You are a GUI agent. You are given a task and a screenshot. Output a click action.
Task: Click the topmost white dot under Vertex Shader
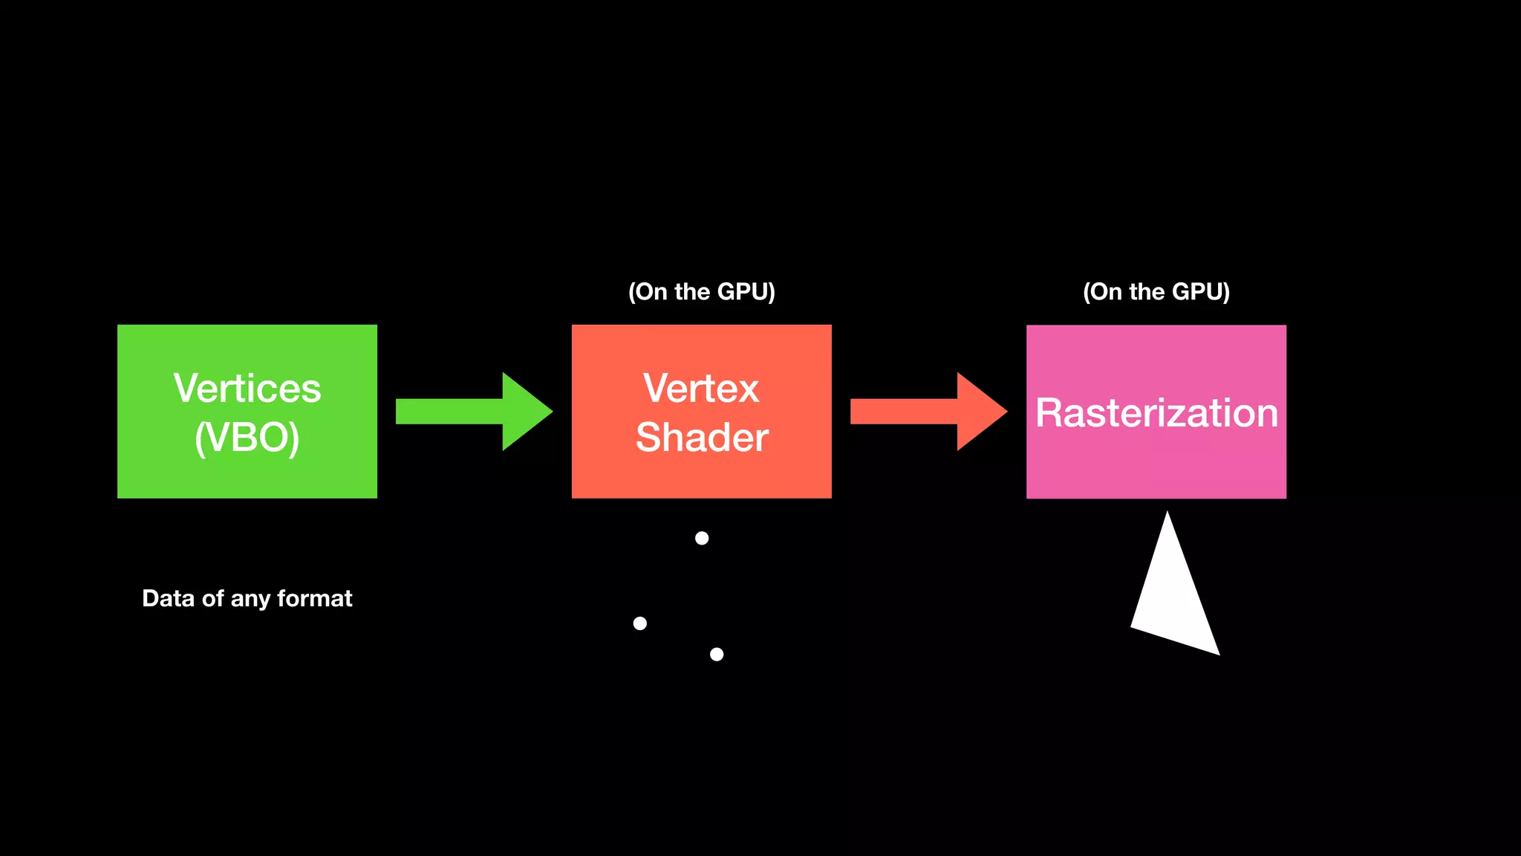coord(702,538)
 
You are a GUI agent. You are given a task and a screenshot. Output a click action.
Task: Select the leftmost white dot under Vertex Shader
coord(639,623)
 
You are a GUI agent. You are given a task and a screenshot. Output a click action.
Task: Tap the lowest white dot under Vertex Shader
coord(717,654)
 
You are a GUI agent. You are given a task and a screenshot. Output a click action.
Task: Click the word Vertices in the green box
coord(247,389)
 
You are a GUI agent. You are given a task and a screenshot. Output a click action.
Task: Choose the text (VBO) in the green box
coord(247,437)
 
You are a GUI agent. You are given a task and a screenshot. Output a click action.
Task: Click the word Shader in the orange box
coord(702,437)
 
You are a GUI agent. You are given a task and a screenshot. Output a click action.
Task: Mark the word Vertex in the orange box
coord(702,389)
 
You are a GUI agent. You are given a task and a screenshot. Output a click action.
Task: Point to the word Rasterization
coord(1156,413)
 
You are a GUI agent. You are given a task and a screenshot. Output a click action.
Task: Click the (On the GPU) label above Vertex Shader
coord(702,291)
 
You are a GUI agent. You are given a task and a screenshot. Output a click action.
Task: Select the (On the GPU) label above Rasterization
coord(1156,291)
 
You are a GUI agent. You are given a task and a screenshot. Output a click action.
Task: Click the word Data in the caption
coord(168,598)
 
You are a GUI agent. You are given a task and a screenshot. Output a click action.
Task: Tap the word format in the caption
coord(315,598)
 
